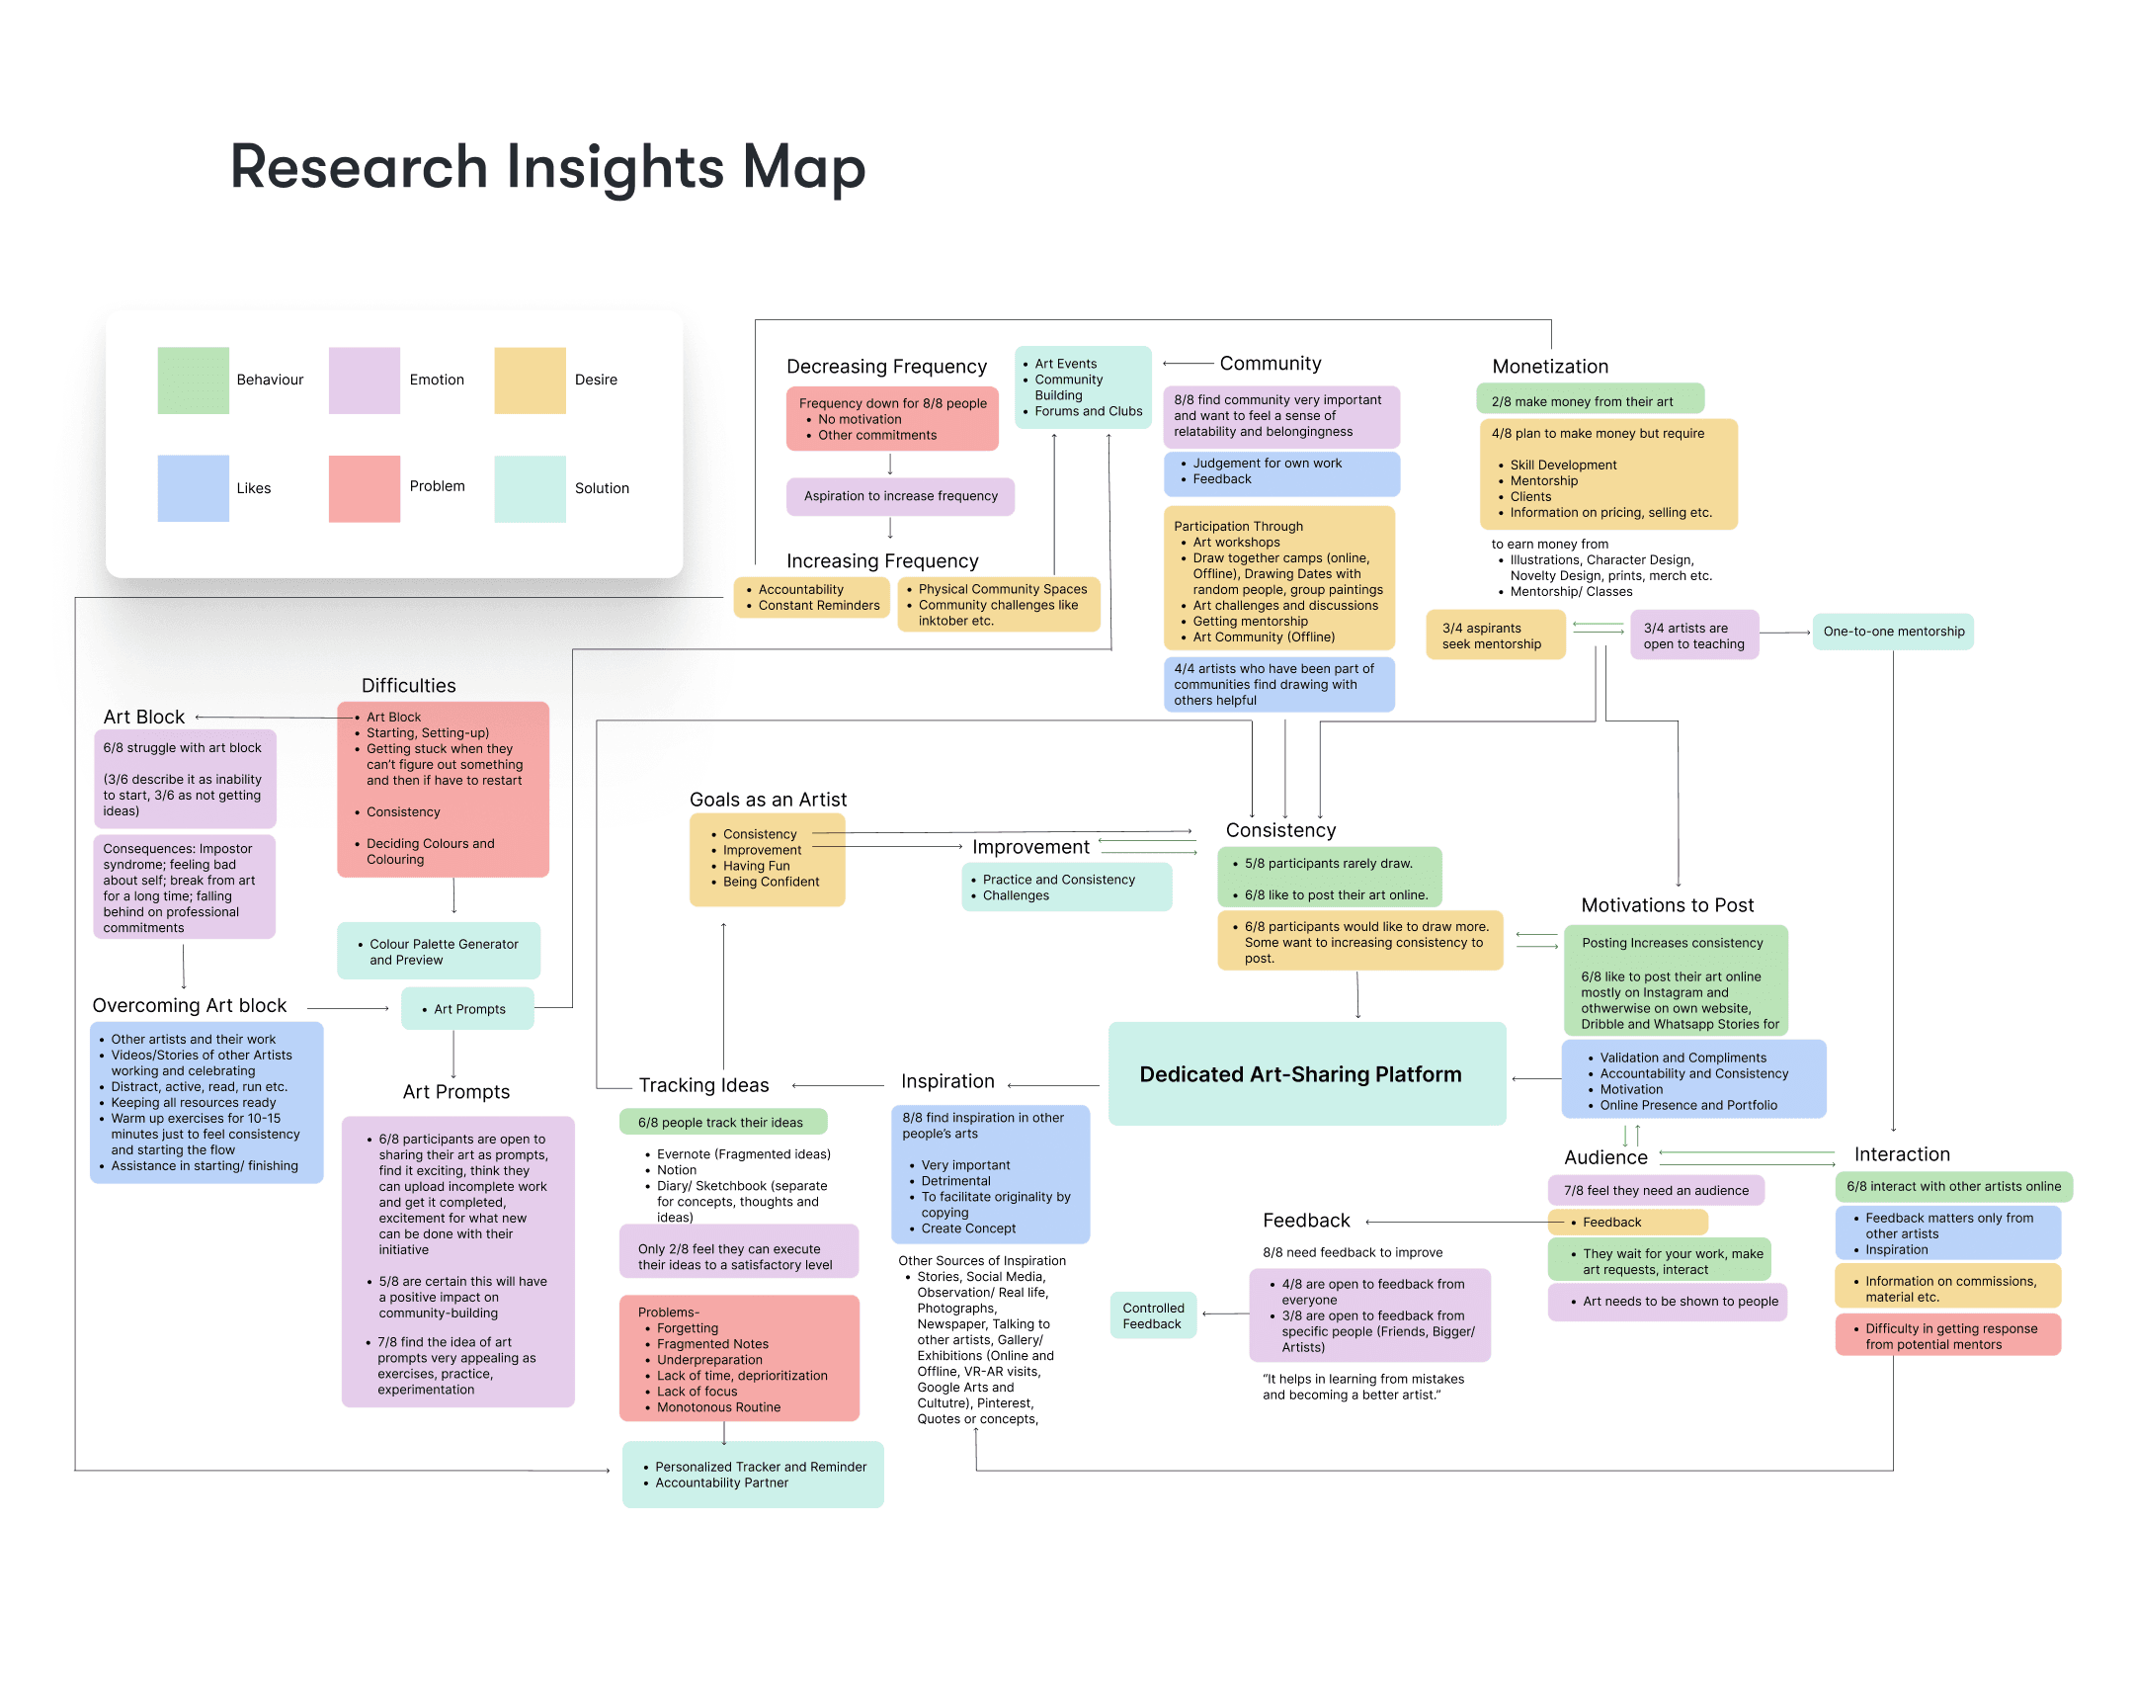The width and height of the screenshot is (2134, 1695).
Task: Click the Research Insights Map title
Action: tap(547, 166)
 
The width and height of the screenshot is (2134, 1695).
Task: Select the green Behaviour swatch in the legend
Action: tap(193, 381)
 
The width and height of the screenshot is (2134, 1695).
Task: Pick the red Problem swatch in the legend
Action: tap(365, 488)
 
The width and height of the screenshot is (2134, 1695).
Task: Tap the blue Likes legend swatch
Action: tap(193, 488)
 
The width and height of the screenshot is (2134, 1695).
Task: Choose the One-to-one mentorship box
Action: tap(1893, 632)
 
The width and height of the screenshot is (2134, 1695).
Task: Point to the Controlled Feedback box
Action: tap(1153, 1315)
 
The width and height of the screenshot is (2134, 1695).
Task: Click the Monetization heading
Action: tap(1550, 367)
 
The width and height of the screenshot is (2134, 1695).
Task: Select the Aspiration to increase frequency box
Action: tap(901, 496)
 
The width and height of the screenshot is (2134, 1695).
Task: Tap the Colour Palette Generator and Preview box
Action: tap(439, 952)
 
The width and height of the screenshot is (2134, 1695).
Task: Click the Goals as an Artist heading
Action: tap(768, 799)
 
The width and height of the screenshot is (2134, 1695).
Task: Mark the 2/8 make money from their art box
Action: tap(1590, 401)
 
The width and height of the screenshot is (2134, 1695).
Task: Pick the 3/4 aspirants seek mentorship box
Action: tap(1495, 636)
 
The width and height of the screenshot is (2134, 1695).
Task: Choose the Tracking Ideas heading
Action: tap(703, 1085)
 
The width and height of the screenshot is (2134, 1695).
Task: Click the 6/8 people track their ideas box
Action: tap(722, 1122)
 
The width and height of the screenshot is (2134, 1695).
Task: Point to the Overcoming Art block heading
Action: tap(189, 1005)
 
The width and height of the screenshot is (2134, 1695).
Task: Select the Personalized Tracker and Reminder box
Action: tap(752, 1475)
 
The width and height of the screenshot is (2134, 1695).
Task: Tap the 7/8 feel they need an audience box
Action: tap(1655, 1190)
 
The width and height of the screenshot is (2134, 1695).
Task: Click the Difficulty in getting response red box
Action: tap(1947, 1335)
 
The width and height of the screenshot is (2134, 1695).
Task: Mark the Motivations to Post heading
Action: tap(1667, 905)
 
